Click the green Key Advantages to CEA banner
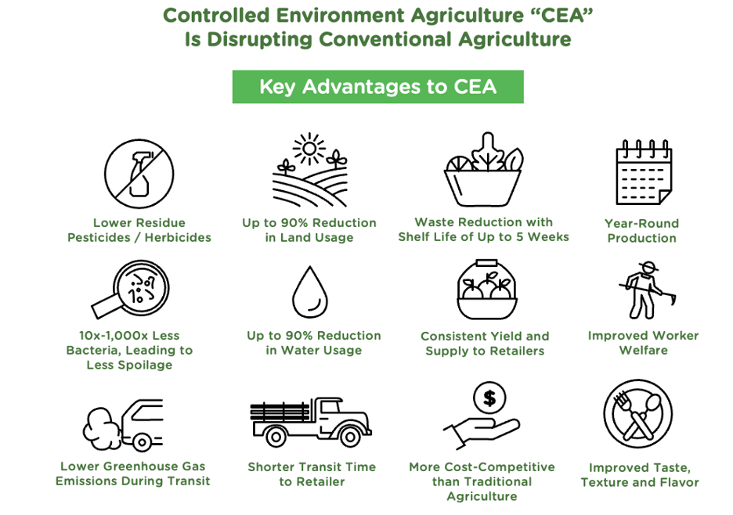click(x=377, y=87)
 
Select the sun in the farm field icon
click(x=309, y=147)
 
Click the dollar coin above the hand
click(x=489, y=398)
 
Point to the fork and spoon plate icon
click(x=638, y=415)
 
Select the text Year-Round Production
click(x=641, y=230)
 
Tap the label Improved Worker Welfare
click(x=643, y=343)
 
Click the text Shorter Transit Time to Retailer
click(x=312, y=474)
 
